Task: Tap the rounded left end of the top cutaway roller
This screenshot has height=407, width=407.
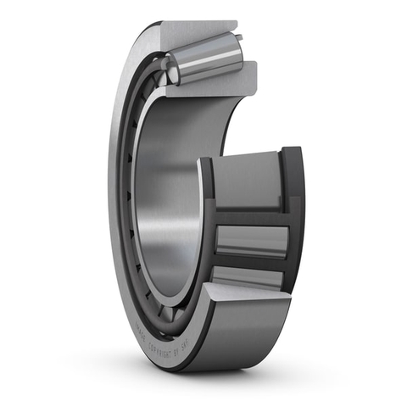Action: (172, 68)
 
